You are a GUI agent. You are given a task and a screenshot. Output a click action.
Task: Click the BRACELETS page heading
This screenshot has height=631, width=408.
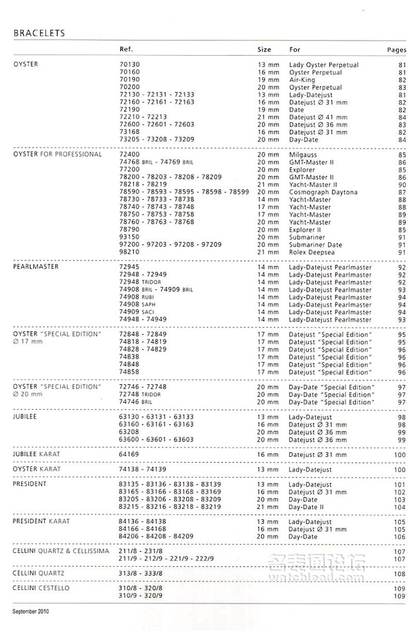tap(39, 33)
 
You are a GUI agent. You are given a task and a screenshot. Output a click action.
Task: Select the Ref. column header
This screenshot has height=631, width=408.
tap(126, 49)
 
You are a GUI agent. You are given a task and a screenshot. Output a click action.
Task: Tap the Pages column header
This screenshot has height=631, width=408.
tap(397, 50)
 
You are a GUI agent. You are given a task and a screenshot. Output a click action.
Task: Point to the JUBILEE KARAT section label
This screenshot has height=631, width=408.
tap(37, 454)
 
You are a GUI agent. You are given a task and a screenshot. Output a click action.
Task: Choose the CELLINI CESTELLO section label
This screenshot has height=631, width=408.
tap(41, 588)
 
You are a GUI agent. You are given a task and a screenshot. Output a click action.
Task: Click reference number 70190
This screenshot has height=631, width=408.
tap(129, 80)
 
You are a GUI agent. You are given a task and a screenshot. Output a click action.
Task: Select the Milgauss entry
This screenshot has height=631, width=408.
tap(303, 155)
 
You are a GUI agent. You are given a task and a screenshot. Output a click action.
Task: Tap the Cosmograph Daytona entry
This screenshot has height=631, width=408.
tap(323, 192)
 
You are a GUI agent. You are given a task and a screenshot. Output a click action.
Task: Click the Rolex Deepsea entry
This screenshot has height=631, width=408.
tap(312, 252)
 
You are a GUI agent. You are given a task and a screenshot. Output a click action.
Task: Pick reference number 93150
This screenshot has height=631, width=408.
tap(129, 237)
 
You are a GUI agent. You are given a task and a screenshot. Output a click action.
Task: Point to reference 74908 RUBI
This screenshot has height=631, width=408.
tap(137, 297)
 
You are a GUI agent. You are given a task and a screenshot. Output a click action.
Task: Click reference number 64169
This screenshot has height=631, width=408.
tap(129, 455)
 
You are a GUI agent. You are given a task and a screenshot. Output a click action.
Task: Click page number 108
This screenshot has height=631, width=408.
tap(399, 573)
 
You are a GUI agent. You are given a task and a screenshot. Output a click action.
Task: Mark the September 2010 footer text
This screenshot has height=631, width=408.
tap(30, 611)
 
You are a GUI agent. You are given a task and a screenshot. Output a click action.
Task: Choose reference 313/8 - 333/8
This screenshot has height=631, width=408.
tap(141, 573)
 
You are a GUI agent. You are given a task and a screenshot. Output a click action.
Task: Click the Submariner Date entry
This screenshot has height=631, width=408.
tap(315, 245)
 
